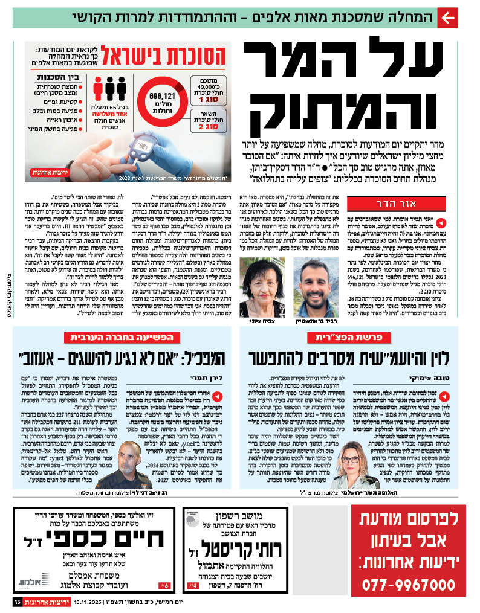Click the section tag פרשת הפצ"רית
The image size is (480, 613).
[x=335, y=338]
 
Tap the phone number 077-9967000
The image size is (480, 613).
[x=408, y=584]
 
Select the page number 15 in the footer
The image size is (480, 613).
[x=18, y=602]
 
